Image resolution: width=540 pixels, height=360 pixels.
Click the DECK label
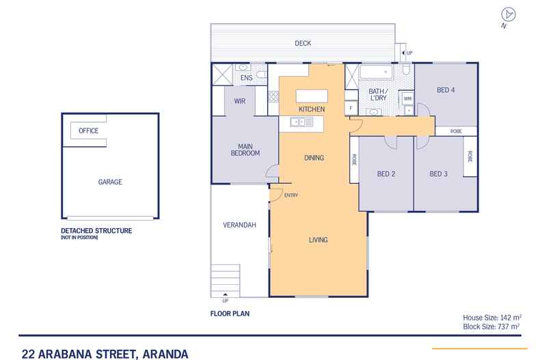tap(303, 43)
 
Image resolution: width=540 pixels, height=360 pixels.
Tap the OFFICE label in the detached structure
tap(89, 130)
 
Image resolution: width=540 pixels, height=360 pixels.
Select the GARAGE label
tap(109, 182)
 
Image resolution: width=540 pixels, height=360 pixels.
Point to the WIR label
tap(239, 101)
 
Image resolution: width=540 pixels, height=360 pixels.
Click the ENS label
tap(247, 78)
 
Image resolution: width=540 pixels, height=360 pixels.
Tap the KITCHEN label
tap(311, 109)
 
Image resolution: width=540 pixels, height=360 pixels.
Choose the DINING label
tap(313, 158)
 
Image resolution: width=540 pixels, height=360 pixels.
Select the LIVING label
tap(318, 240)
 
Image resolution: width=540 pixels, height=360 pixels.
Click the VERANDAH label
tap(234, 225)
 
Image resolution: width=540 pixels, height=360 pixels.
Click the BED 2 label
tap(386, 174)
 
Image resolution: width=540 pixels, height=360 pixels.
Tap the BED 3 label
tap(438, 174)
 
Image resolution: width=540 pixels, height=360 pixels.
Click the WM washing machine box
tap(407, 98)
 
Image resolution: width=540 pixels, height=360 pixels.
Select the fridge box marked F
tap(351, 108)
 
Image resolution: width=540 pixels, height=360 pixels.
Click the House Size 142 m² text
tap(489, 318)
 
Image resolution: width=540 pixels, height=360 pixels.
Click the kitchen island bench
tap(311, 96)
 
